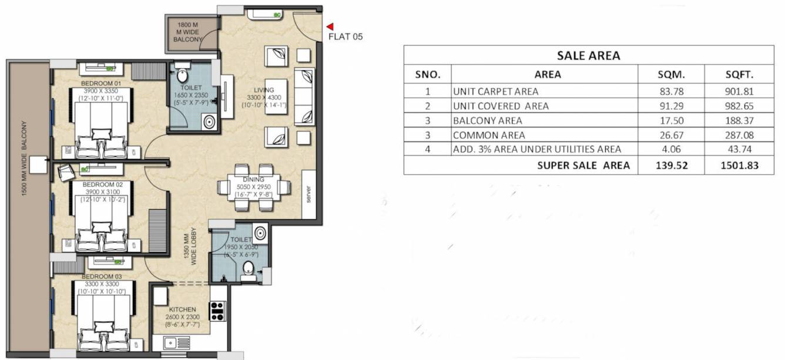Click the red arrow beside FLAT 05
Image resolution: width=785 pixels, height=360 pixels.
coord(330,26)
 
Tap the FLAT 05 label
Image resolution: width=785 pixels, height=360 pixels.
coord(345,36)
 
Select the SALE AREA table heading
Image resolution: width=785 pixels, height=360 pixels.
coord(588,56)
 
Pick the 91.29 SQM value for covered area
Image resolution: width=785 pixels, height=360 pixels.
coord(670,106)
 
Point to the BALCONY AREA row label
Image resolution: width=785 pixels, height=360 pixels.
coord(479,121)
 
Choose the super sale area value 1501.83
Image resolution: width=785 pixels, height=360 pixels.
coord(739,166)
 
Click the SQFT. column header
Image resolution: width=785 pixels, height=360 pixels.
coord(740,75)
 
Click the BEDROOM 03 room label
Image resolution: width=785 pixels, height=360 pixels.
coord(98,276)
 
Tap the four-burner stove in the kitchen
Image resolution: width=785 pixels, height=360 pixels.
coord(217,311)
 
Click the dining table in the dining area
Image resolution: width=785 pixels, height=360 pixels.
coord(254,188)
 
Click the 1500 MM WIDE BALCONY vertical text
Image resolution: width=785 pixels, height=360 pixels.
coord(25,159)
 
